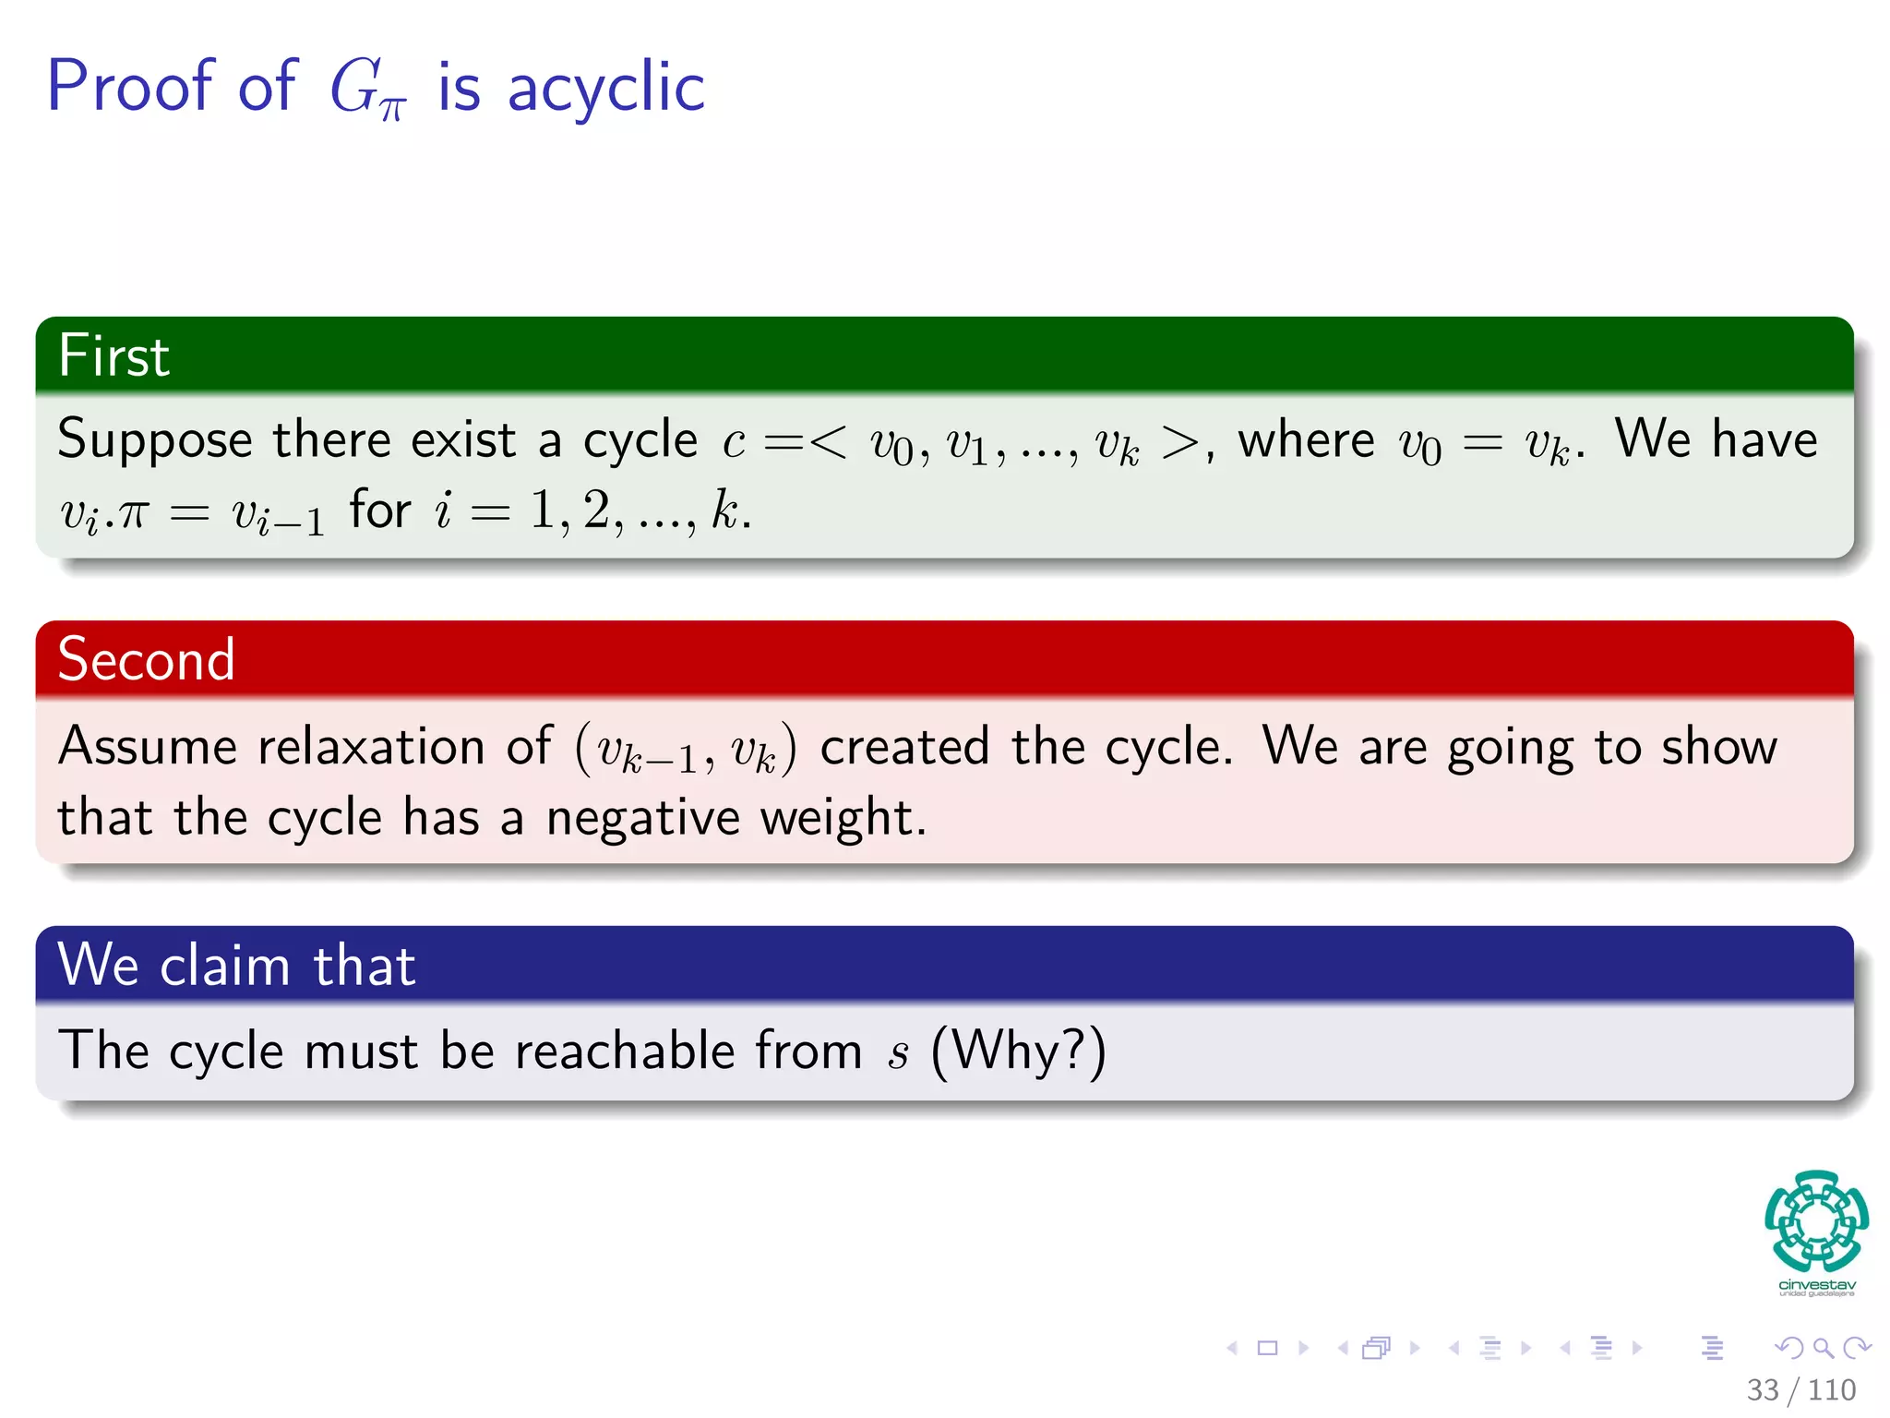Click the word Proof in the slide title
129,86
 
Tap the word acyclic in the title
605,88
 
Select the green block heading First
114,355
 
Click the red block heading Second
146,659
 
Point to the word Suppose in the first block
154,440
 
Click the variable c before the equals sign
734,443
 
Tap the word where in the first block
1305,440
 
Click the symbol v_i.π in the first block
103,513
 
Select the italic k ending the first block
724,510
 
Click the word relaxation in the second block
371,746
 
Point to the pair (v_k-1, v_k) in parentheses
685,750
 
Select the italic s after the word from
898,1054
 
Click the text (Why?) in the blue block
1018,1051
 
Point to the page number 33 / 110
1800,1389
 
